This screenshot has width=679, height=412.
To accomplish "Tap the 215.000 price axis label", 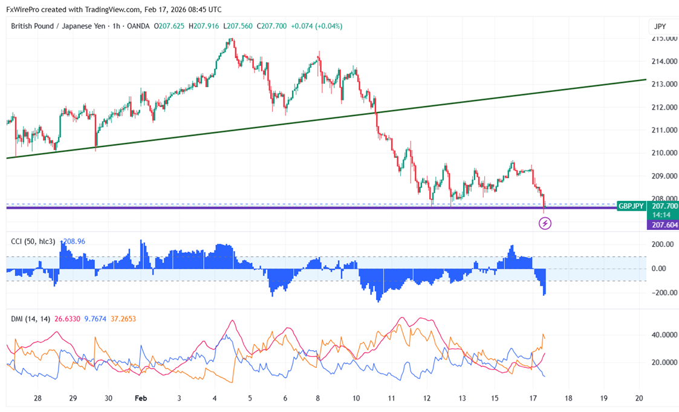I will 661,39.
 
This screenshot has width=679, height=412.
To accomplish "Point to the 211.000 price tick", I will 661,130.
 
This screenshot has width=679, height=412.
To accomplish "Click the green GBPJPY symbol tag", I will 631,206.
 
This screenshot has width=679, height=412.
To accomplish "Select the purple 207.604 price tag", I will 663,225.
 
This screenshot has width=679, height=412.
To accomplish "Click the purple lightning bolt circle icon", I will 545,224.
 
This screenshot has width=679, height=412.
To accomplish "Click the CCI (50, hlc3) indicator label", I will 33,241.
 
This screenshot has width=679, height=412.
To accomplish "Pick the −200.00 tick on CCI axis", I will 661,293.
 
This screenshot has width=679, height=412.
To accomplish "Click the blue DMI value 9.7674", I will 95,319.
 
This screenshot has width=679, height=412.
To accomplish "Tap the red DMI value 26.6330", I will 68,319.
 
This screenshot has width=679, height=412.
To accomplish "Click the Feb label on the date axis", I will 140,399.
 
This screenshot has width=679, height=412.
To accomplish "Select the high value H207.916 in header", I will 204,26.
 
